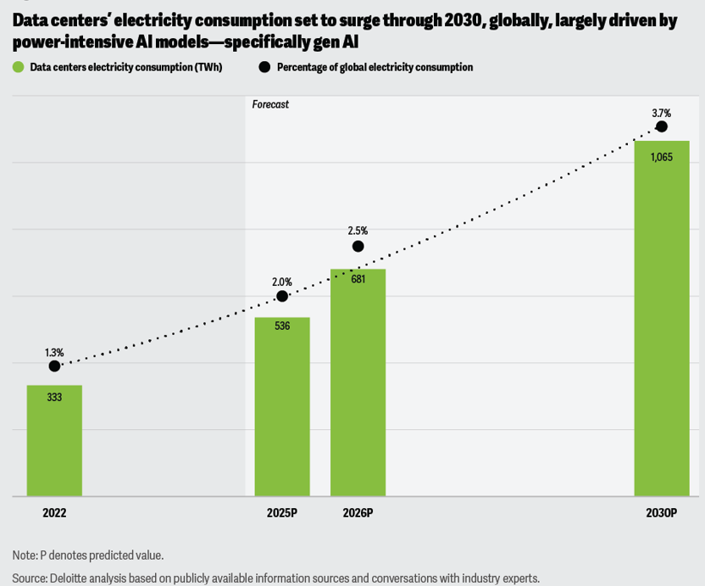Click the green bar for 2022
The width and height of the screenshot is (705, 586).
54,441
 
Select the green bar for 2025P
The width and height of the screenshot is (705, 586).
282,407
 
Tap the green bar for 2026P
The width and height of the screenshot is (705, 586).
358,382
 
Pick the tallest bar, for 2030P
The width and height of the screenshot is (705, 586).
661,318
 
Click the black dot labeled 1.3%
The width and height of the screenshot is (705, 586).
54,366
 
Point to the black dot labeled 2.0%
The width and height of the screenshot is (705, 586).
282,297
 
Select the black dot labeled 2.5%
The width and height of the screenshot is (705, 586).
358,247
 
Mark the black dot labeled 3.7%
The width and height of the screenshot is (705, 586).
662,127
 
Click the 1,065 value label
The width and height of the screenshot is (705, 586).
662,157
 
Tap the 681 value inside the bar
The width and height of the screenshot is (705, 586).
358,279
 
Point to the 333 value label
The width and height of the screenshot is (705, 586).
54,397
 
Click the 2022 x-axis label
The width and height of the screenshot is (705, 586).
54,513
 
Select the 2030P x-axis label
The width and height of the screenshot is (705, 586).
661,513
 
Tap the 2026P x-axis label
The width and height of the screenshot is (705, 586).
358,513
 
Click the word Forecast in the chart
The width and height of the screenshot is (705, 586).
270,104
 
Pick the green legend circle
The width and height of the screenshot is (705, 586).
18,67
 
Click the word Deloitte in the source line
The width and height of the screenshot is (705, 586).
72,578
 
